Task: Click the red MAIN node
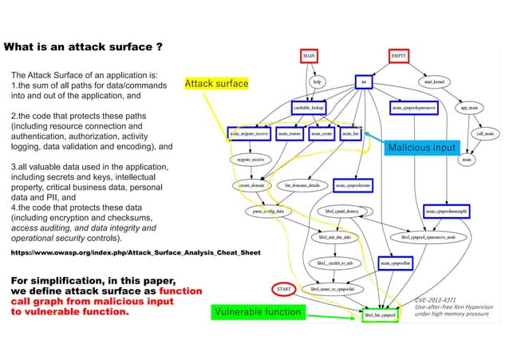point(310,57)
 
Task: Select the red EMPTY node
point(400,57)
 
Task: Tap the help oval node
point(317,81)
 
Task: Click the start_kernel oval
point(438,81)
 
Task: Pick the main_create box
point(322,134)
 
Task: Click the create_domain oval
point(254,185)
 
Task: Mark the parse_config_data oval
point(268,212)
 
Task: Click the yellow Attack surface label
point(216,83)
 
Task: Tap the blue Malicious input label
point(420,148)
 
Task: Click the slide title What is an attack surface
point(85,47)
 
